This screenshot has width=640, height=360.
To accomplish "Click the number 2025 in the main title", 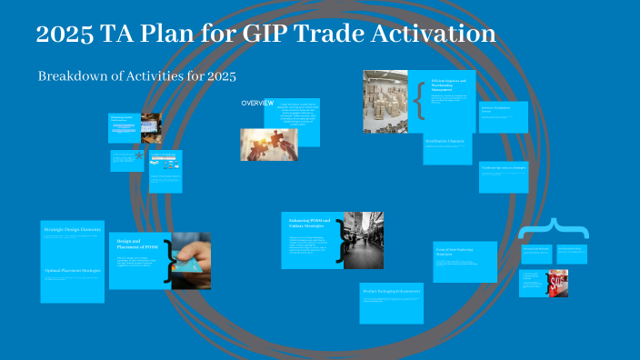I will click(65, 35).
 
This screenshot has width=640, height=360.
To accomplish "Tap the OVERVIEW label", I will click(257, 103).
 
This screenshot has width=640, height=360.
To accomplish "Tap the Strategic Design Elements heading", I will click(73, 229).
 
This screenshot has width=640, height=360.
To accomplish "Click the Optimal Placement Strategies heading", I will click(73, 271).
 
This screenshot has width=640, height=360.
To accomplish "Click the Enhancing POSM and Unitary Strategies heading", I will click(307, 224).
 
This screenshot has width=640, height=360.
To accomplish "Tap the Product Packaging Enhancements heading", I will click(391, 291).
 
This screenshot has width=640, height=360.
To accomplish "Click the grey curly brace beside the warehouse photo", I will click(419, 103).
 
